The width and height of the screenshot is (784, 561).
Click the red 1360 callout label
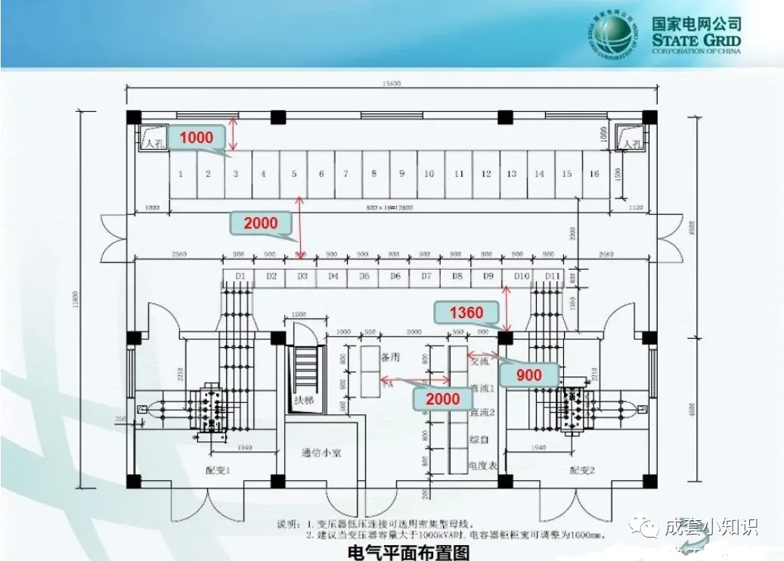pyautogui.click(x=466, y=312)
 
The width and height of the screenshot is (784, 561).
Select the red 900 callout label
pyautogui.click(x=528, y=374)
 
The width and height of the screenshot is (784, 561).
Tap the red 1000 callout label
pyautogui.click(x=196, y=138)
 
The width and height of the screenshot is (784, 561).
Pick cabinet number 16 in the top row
pyautogui.click(x=594, y=174)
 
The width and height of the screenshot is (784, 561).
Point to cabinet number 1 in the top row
pyautogui.click(x=181, y=174)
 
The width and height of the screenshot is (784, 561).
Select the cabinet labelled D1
pyautogui.click(x=240, y=277)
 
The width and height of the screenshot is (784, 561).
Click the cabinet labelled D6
pyautogui.click(x=395, y=277)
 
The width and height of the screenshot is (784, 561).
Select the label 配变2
pyautogui.click(x=582, y=470)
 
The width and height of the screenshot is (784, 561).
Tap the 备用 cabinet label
pyautogui.click(x=390, y=355)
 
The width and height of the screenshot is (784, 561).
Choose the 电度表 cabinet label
pyautogui.click(x=482, y=466)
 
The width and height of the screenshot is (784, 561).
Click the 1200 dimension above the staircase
pyautogui.click(x=299, y=315)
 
